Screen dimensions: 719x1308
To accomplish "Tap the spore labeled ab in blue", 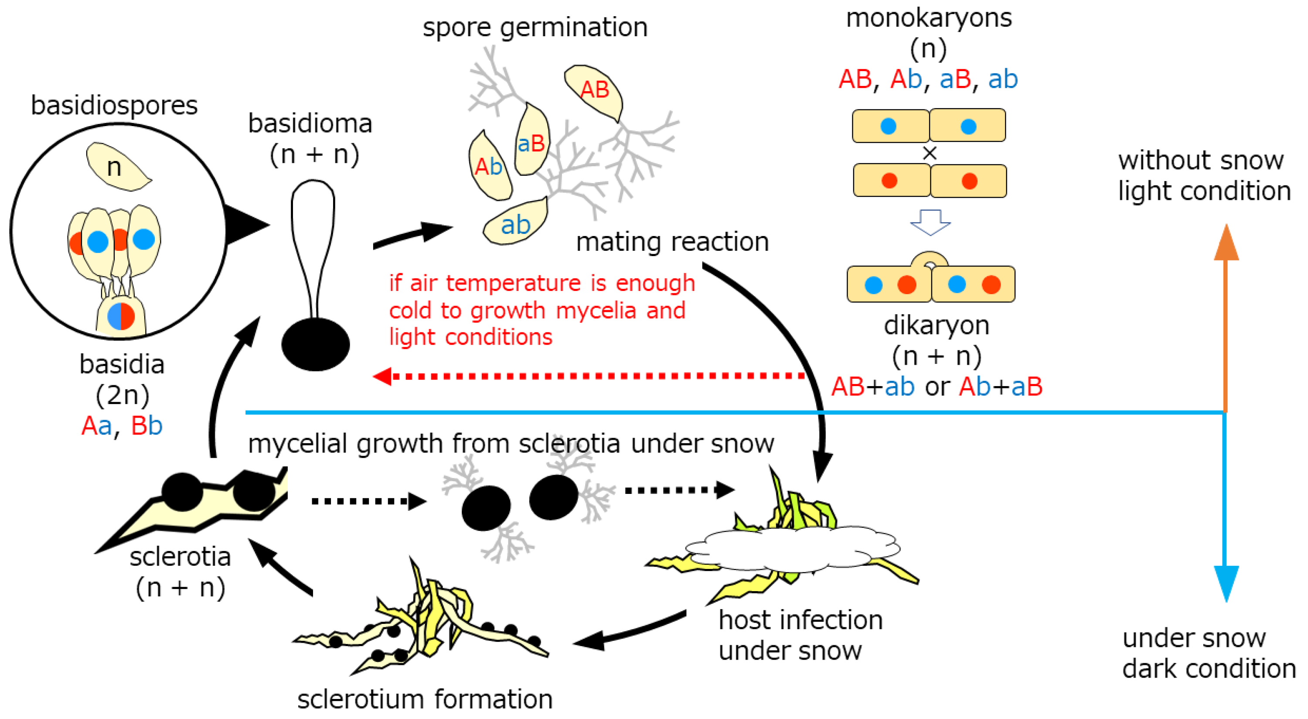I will tap(515, 223).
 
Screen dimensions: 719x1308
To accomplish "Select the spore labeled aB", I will tap(531, 142).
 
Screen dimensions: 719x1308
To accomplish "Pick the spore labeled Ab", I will tap(488, 167).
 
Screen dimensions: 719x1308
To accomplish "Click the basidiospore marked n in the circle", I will tap(116, 167).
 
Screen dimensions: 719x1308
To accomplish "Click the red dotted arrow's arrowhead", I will tap(382, 376).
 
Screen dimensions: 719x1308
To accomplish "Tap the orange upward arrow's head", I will tap(1226, 243).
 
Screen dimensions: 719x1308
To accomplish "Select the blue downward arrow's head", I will tap(1226, 583).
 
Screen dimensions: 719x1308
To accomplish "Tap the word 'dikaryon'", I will tap(937, 325).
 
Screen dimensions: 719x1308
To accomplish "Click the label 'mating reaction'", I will tap(672, 242).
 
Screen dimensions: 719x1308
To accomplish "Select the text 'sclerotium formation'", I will tap(425, 699).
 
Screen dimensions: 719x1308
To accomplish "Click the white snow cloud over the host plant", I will tap(792, 549).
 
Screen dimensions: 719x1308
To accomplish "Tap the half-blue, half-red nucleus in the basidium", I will tap(121, 316).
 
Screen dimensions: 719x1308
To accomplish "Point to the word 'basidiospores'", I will tap(114, 106).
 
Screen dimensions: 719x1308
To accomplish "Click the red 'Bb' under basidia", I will tap(147, 426).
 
